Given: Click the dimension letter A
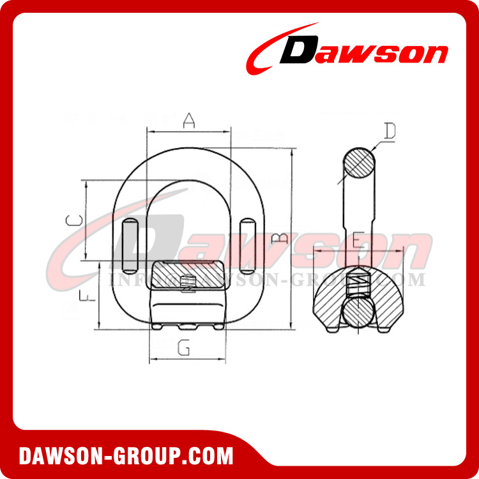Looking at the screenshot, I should pos(188,120).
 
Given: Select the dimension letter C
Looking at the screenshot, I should pos(75,220).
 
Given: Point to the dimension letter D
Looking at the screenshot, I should pos(390,132).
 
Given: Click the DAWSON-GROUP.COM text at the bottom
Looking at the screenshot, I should pos(126,456).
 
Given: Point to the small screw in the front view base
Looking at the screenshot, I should pos(187,282).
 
